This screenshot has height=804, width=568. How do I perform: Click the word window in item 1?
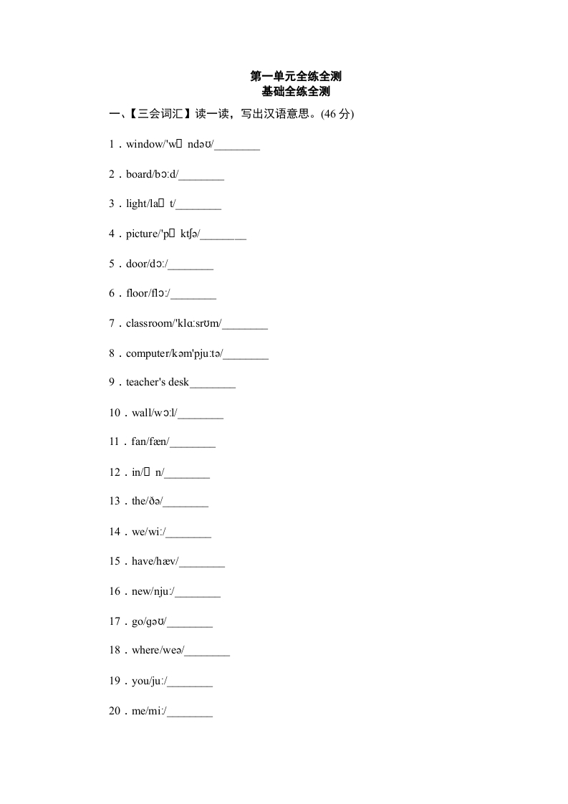coord(145,145)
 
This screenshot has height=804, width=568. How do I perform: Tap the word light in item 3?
coord(136,204)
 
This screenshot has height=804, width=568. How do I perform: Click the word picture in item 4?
coord(141,234)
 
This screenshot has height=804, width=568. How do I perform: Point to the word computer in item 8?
coord(148,353)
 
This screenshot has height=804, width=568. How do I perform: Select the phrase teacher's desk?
coord(158,383)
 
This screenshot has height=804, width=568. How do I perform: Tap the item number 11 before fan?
coord(114,442)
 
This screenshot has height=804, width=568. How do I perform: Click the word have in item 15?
coord(143,561)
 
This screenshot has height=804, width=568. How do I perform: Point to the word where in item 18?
coord(145,651)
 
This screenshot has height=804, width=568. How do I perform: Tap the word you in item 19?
coord(140,681)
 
